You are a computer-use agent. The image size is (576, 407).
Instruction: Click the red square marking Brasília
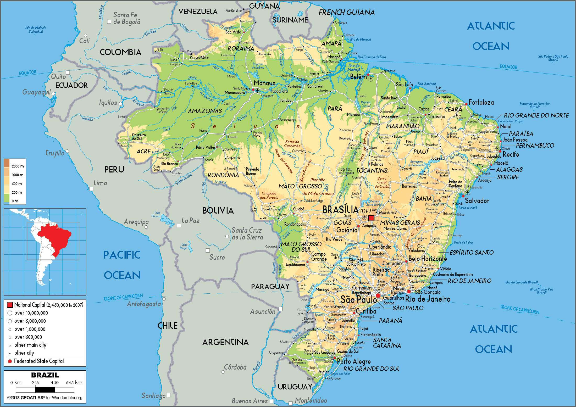371,218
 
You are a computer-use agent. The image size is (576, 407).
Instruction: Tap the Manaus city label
264,83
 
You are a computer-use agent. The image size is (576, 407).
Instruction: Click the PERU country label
114,170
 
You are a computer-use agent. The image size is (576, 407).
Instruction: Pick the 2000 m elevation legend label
18,166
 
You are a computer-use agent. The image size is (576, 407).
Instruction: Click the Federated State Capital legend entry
39,361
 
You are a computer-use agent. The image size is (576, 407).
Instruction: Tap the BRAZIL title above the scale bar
45,375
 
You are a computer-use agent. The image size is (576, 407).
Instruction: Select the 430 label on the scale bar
55,382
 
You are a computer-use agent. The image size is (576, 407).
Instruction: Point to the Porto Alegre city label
354,361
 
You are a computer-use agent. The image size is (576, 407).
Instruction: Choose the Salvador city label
477,201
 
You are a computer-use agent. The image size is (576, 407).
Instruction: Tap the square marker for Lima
91,189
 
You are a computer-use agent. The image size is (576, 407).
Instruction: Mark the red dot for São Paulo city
378,296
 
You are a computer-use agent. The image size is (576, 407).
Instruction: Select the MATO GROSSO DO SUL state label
301,247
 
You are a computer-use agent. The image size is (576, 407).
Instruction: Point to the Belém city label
358,77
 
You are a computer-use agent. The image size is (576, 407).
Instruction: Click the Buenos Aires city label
250,401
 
